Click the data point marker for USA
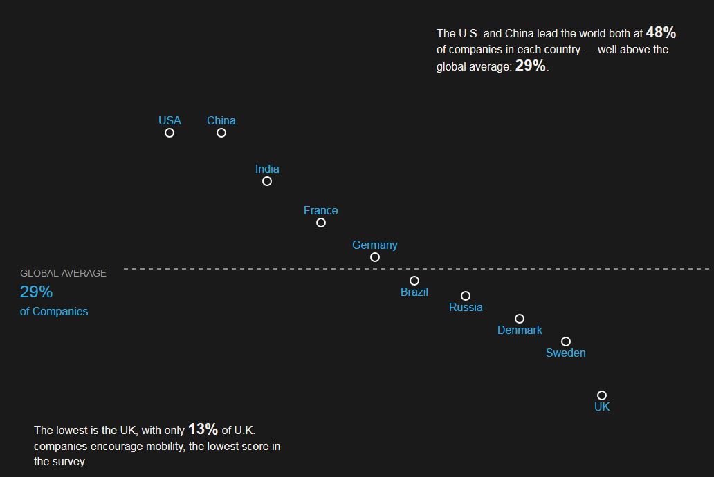click(x=170, y=129)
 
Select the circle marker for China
click(x=221, y=129)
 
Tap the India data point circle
click(x=267, y=177)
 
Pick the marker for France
click(x=321, y=218)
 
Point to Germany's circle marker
click(x=375, y=253)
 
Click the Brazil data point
click(x=414, y=277)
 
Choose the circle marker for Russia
click(x=466, y=292)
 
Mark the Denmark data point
click(x=520, y=315)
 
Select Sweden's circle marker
click(x=566, y=337)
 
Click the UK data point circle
click(x=602, y=391)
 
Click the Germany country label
click(x=375, y=245)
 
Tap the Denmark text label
click(x=520, y=330)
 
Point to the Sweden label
click(x=565, y=353)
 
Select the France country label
click(x=320, y=210)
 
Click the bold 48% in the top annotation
click(x=661, y=32)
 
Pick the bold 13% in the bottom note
click(x=203, y=429)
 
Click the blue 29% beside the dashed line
click(x=37, y=292)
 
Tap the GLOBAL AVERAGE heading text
click(x=63, y=273)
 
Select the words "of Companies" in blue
click(x=54, y=311)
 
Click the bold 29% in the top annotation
click(x=531, y=66)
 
